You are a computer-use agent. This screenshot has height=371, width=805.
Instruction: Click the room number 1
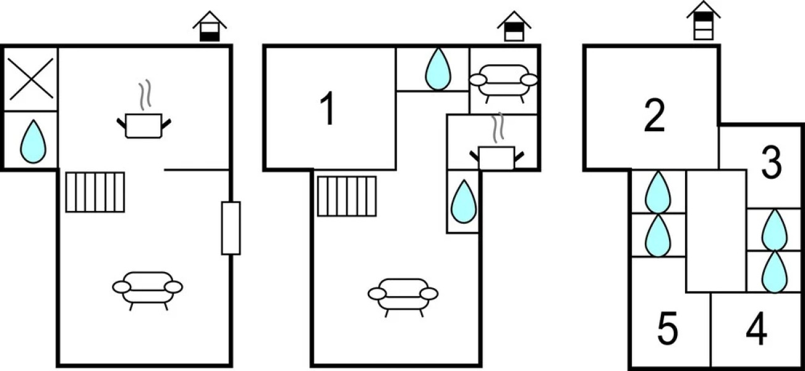(x=328, y=109)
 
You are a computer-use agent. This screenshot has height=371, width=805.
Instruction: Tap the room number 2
(x=654, y=116)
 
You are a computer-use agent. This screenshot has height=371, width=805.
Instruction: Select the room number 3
(x=770, y=163)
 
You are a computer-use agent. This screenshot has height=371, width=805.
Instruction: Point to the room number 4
(x=756, y=330)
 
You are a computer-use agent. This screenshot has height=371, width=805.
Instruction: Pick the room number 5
(x=667, y=330)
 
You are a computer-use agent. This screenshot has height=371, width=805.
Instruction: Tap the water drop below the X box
(x=32, y=141)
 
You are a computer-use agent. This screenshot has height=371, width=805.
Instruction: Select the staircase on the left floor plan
(x=95, y=192)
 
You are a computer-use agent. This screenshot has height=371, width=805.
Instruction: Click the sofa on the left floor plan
(x=148, y=289)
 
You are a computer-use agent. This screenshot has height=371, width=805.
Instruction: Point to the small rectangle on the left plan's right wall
(x=231, y=228)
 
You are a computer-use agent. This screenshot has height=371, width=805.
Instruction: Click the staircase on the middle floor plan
(x=347, y=196)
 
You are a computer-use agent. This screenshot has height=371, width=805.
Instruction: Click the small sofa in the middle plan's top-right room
(x=503, y=81)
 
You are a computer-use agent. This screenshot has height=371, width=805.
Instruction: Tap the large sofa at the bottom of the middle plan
(x=403, y=295)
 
